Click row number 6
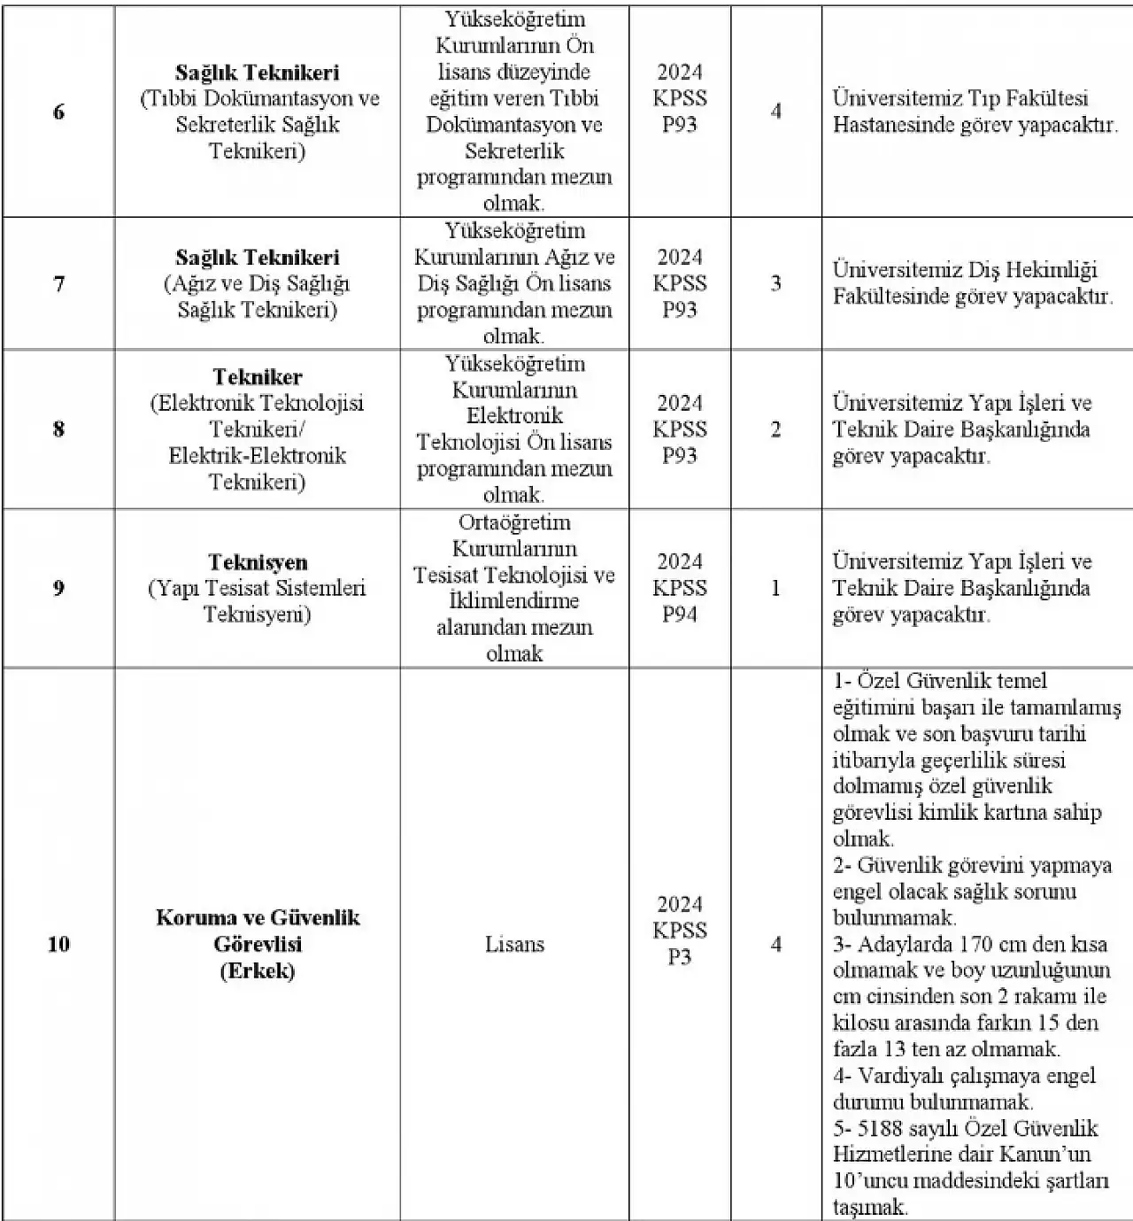[x=58, y=112]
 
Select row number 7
[x=58, y=284]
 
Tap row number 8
[x=58, y=429]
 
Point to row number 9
[x=58, y=588]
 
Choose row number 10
[x=58, y=945]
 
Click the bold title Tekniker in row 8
[x=257, y=377]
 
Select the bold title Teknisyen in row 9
[x=258, y=562]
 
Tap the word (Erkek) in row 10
[x=257, y=970]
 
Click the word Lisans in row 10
[x=514, y=945]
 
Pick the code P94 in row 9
[x=680, y=614]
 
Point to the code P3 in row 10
[x=680, y=957]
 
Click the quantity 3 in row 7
[x=775, y=284]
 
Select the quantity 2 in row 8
[x=775, y=429]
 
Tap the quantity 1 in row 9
[x=775, y=588]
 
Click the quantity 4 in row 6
[x=775, y=112]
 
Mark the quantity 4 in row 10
[x=775, y=945]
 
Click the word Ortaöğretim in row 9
[x=514, y=522]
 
